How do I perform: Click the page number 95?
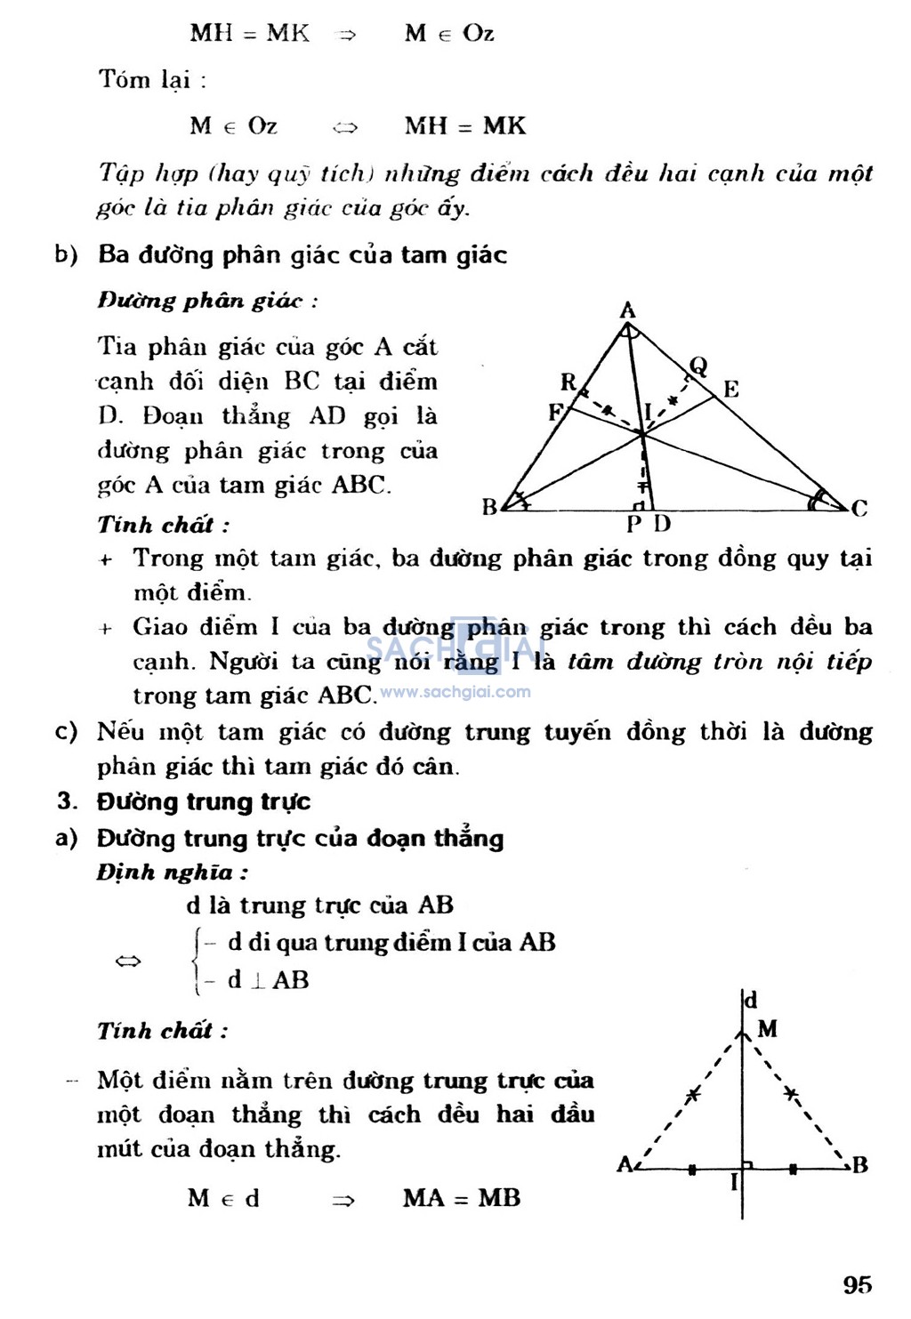[x=858, y=1284]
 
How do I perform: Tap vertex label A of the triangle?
[x=627, y=310]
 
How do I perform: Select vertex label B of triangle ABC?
[x=489, y=507]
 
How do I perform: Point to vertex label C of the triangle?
[x=859, y=509]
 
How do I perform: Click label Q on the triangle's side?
[x=698, y=365]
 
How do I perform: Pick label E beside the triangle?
[x=730, y=389]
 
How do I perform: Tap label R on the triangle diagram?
[x=568, y=382]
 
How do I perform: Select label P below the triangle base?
[x=634, y=524]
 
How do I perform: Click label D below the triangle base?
[x=661, y=523]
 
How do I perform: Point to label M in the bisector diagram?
[x=767, y=1029]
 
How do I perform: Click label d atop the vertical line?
[x=751, y=1000]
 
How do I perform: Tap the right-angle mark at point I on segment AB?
[x=748, y=1163]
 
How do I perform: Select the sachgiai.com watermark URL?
[x=455, y=692]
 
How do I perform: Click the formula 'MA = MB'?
[x=461, y=1198]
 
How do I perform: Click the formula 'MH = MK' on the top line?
[x=249, y=34]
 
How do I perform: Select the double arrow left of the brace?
[x=129, y=961]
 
